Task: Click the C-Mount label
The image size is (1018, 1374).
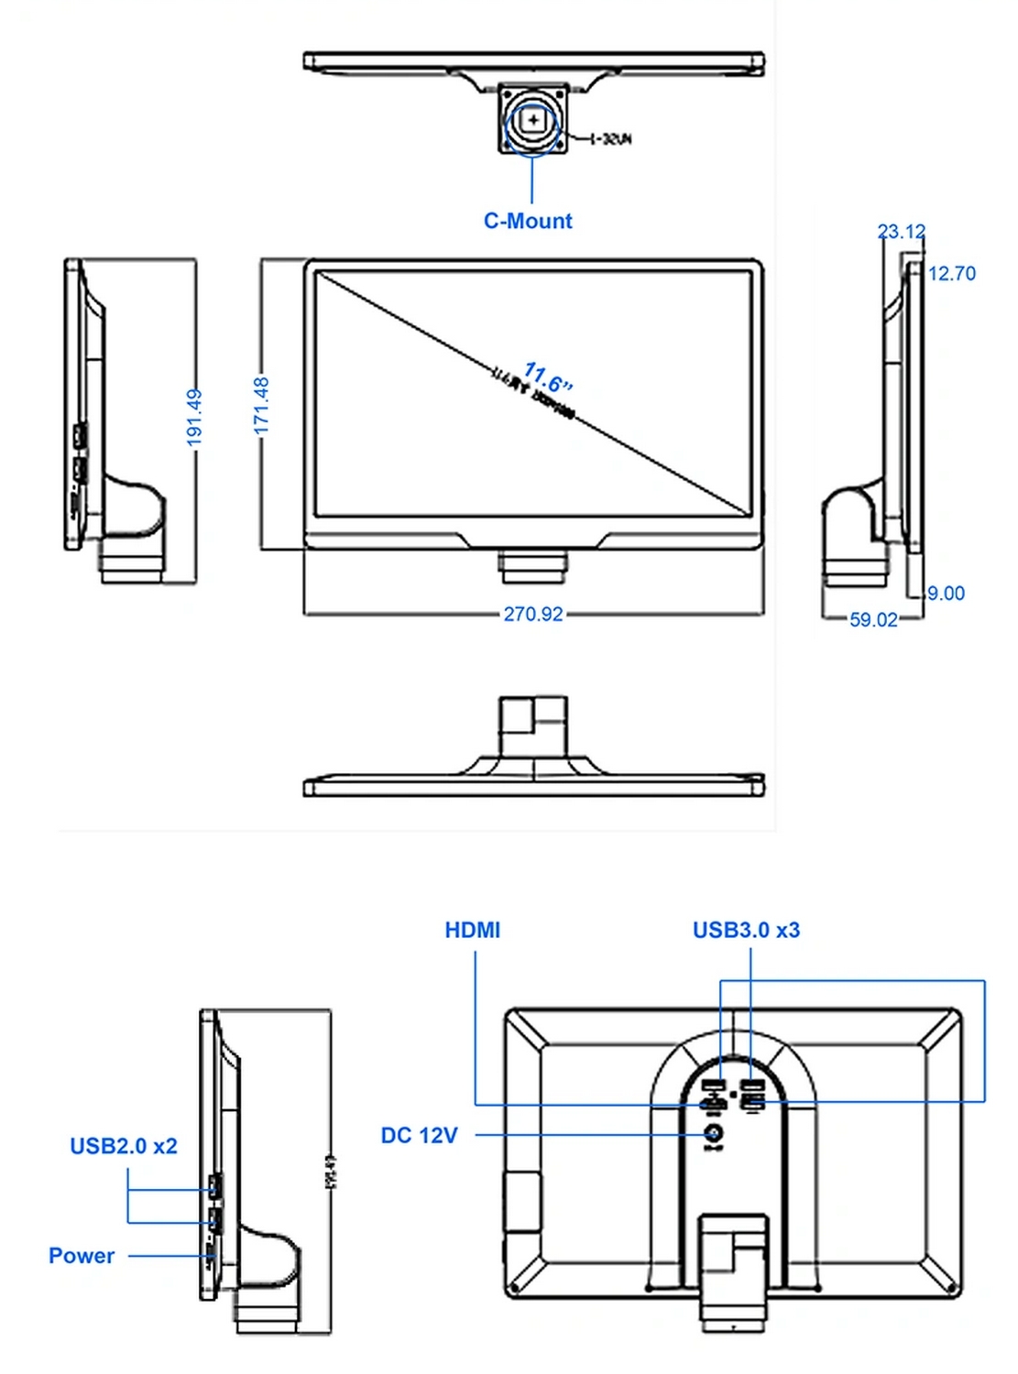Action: (x=528, y=221)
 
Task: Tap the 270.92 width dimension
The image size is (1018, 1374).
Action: (x=533, y=614)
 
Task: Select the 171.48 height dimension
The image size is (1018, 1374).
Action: (x=262, y=406)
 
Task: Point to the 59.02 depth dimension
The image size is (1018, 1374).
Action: (x=873, y=620)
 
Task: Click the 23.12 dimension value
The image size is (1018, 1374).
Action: (x=902, y=232)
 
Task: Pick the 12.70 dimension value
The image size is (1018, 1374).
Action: (x=952, y=273)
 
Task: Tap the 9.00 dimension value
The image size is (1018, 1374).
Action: (x=946, y=594)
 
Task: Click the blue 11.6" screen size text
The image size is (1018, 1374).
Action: (x=549, y=376)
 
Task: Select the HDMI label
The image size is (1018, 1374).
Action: (x=473, y=931)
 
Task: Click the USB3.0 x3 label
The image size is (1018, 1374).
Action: (x=746, y=931)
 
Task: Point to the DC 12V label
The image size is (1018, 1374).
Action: (x=419, y=1136)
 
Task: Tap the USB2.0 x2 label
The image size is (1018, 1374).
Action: (x=124, y=1147)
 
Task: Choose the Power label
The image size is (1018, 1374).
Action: (x=82, y=1256)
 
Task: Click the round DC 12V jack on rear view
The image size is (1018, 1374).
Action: (x=714, y=1134)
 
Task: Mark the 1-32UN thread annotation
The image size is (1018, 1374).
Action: (x=610, y=139)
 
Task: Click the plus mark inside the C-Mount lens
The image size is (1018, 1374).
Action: (x=533, y=120)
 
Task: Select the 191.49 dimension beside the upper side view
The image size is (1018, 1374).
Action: (x=194, y=418)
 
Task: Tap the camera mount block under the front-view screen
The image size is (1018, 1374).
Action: (x=533, y=566)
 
